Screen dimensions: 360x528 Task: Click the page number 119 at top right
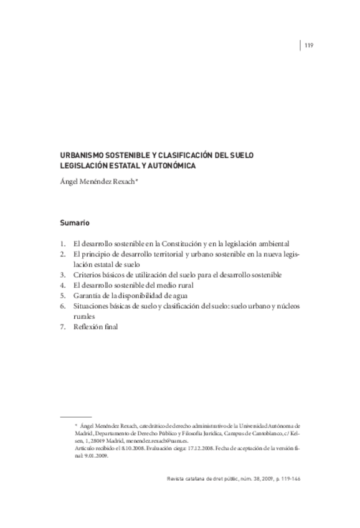tap(308, 44)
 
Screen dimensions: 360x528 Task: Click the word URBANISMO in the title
tap(82, 155)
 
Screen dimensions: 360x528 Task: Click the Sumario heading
tap(75, 222)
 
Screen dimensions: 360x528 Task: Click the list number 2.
tap(63, 254)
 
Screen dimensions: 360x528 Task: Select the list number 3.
tap(63, 275)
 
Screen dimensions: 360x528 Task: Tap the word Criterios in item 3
tap(88, 275)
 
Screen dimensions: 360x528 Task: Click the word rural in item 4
tap(178, 285)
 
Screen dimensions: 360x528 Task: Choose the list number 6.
tap(63, 306)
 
